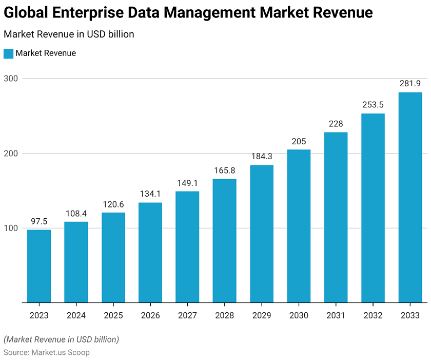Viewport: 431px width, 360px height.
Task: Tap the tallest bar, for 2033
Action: tap(410, 198)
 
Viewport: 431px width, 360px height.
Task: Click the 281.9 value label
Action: tap(410, 83)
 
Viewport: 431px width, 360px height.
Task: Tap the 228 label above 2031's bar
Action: tap(336, 123)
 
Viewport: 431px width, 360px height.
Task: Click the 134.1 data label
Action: tap(150, 194)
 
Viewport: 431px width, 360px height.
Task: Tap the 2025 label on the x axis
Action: tap(113, 315)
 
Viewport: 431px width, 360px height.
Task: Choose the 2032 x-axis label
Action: tap(373, 315)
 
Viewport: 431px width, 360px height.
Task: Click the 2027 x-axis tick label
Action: tap(187, 315)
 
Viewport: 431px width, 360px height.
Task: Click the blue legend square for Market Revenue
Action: tap(8, 53)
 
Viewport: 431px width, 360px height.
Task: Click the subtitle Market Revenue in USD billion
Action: tap(69, 34)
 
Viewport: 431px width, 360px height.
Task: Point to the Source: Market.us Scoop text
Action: tap(47, 352)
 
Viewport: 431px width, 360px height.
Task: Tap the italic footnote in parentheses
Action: tap(61, 339)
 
